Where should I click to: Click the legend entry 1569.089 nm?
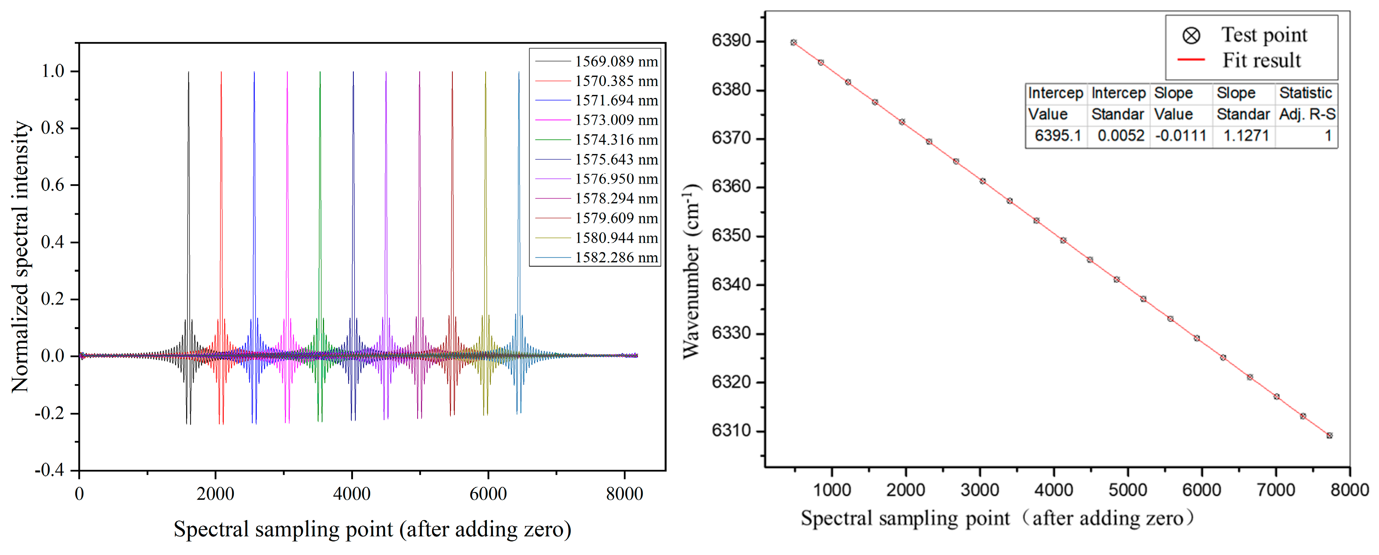click(616, 62)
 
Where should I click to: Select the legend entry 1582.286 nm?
click(616, 257)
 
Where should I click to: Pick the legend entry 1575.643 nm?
click(616, 159)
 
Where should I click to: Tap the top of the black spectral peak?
click(188, 73)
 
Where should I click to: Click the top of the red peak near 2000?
click(221, 73)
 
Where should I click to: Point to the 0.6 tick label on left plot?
click(52, 185)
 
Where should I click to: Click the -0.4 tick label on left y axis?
click(49, 470)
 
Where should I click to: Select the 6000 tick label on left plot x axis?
click(488, 493)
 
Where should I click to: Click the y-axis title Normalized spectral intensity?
click(20, 257)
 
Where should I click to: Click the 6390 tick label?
click(731, 41)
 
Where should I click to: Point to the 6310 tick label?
click(731, 430)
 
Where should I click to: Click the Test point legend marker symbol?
click(1191, 36)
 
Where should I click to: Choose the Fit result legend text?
click(1261, 60)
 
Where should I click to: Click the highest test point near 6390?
click(793, 42)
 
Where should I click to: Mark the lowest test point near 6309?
click(1329, 435)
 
